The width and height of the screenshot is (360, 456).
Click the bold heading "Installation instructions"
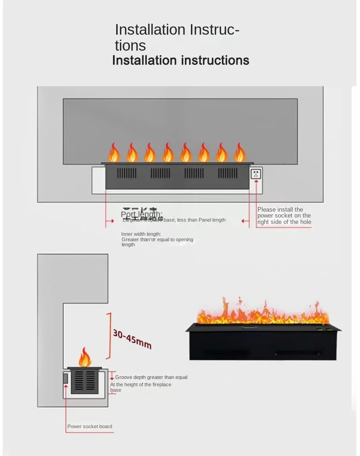click(180, 60)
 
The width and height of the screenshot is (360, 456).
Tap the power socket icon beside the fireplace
click(256, 174)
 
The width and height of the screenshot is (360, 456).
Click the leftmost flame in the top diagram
click(113, 153)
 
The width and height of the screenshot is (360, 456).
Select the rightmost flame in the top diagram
click(240, 153)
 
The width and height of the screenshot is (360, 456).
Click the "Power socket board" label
click(90, 427)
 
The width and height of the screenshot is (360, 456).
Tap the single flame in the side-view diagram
click(84, 358)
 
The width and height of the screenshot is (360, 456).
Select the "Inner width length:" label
click(141, 234)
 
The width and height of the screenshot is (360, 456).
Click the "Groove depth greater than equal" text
click(151, 377)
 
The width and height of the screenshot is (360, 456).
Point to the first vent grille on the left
click(127, 173)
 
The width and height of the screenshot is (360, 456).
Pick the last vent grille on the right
click(228, 173)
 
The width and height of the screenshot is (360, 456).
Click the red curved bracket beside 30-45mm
click(108, 336)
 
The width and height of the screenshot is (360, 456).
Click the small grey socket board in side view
click(65, 378)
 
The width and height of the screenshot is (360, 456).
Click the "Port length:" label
click(141, 214)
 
